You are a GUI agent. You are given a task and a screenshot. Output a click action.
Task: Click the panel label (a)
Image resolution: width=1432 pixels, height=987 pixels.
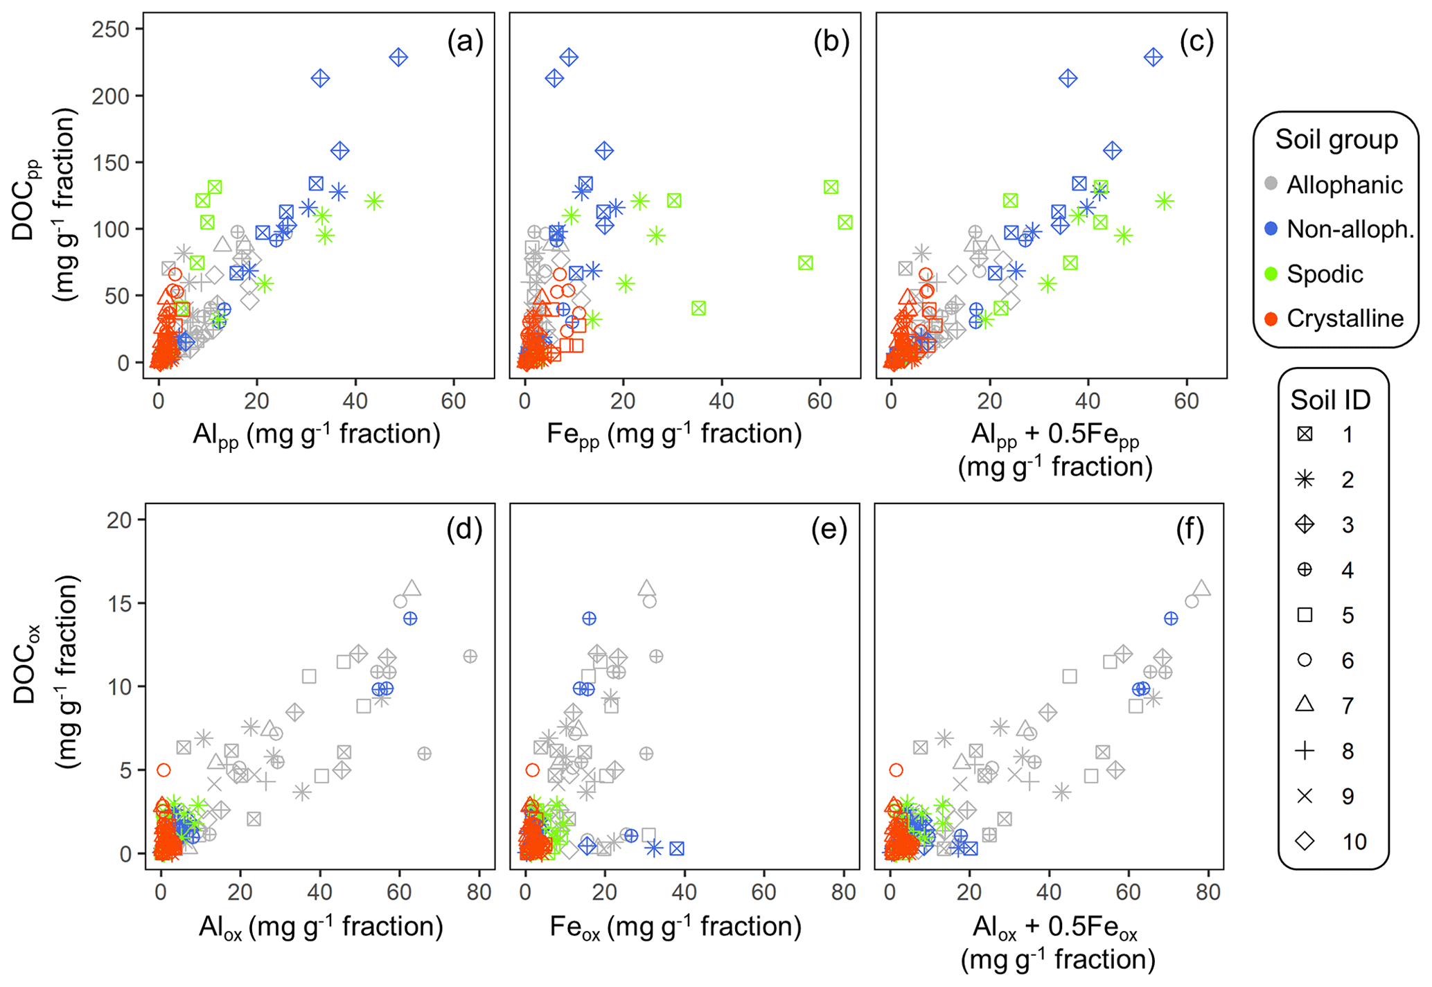[x=465, y=42]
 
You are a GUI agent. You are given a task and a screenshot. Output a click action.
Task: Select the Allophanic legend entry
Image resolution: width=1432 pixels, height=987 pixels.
[x=1344, y=185]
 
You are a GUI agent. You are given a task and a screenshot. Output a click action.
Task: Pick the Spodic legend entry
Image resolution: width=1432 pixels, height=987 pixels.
[x=1325, y=274]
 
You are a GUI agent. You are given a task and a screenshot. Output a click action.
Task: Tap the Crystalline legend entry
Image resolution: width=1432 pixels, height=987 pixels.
[x=1344, y=319]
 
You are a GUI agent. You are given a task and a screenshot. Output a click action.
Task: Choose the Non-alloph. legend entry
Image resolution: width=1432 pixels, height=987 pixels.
[x=1350, y=229]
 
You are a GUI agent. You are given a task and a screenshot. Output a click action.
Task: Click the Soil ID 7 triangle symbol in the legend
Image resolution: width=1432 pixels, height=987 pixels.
[x=1305, y=704]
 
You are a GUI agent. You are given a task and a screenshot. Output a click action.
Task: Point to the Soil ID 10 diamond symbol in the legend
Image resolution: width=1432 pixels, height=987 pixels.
[x=1305, y=841]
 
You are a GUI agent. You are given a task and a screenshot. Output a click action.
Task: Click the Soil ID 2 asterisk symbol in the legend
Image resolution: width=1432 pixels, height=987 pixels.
[x=1305, y=479]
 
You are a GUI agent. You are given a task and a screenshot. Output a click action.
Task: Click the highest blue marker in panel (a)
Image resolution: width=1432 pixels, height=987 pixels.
[x=398, y=57]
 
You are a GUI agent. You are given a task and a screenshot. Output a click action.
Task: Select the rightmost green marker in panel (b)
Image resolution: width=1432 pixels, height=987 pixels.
[x=845, y=222]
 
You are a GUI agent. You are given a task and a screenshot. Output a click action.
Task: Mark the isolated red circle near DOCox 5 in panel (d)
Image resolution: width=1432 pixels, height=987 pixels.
[x=163, y=770]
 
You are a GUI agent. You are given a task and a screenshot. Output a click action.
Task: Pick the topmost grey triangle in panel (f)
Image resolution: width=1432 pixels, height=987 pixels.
[x=1202, y=588]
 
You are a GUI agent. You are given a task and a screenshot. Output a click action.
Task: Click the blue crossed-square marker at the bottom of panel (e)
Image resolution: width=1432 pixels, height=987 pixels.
[x=677, y=848]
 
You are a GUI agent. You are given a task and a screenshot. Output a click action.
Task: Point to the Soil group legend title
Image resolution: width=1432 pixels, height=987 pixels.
[x=1336, y=140]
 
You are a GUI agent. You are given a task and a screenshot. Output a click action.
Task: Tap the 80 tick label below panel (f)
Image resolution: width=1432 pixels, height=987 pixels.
[x=1208, y=892]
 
